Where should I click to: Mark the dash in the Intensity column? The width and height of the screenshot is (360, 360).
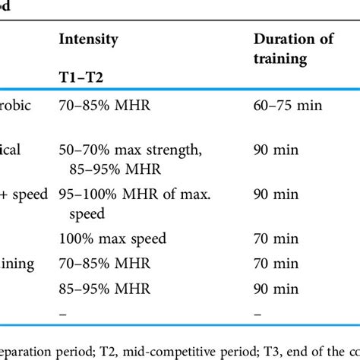[x=62, y=312]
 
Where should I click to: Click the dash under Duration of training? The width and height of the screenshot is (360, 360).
[x=256, y=312]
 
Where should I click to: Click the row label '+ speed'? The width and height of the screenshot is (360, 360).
[x=23, y=194]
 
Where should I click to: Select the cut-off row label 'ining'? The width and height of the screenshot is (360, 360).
[x=17, y=266]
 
